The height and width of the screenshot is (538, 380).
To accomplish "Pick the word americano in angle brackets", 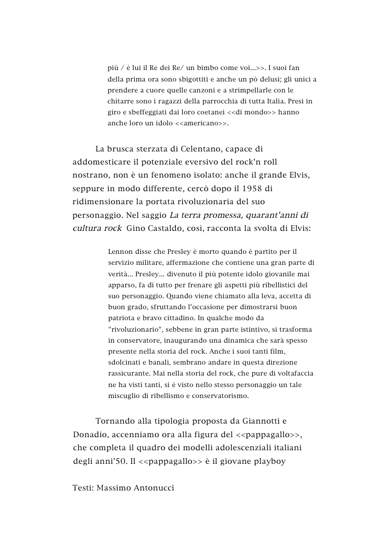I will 201,124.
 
